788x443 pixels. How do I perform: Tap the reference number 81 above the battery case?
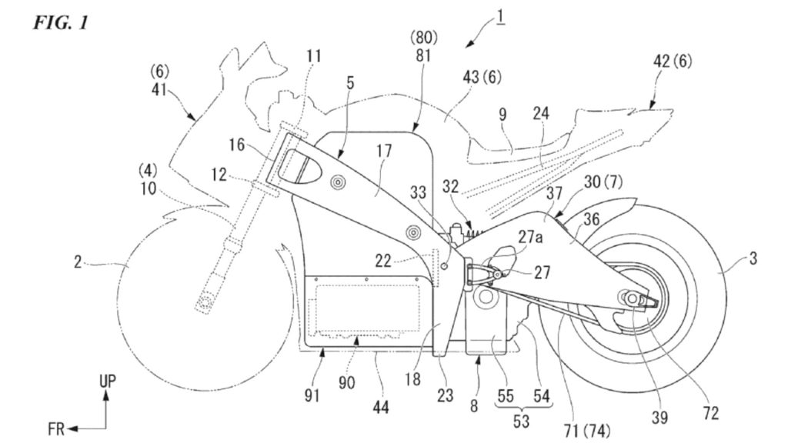click(422, 56)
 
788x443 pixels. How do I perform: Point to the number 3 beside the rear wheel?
click(752, 260)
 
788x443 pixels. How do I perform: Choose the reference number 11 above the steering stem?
click(314, 56)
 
